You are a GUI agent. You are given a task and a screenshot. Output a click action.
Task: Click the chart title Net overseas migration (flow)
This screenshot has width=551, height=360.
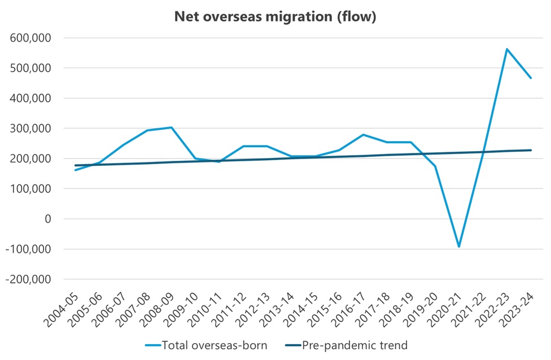click(x=275, y=17)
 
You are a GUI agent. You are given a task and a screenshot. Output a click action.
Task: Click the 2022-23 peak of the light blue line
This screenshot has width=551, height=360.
click(x=507, y=49)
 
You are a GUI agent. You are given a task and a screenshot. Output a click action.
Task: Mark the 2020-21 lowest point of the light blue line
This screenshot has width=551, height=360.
click(x=459, y=247)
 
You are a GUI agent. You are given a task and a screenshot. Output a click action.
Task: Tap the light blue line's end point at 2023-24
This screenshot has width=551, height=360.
click(x=531, y=78)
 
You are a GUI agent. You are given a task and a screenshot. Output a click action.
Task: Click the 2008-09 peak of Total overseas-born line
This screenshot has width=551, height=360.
click(x=172, y=128)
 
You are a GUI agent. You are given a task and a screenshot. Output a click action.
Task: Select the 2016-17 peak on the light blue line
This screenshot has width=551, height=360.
click(x=363, y=134)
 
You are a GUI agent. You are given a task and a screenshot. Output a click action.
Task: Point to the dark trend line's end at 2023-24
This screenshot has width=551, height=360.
click(x=531, y=150)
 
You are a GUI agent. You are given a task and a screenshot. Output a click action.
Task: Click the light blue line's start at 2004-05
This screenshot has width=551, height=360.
click(x=76, y=170)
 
